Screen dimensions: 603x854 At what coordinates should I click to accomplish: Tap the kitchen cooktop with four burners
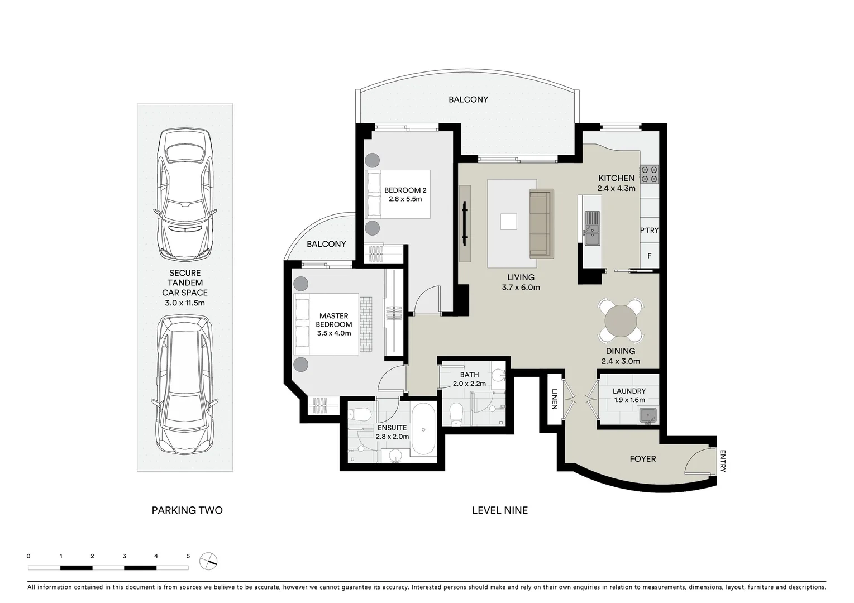click(650, 174)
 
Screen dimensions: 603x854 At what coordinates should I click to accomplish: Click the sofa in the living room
click(541, 223)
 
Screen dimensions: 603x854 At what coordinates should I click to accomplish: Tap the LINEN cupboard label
click(555, 399)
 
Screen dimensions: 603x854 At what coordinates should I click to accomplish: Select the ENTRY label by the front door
click(722, 461)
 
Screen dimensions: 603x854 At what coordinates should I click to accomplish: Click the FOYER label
click(642, 459)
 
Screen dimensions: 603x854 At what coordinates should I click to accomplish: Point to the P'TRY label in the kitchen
click(650, 230)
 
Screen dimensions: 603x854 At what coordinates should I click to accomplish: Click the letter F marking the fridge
click(649, 256)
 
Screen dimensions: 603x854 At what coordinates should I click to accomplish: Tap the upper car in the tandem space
click(185, 194)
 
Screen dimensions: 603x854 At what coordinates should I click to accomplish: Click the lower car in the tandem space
click(185, 385)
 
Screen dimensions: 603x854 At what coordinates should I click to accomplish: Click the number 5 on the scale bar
click(188, 556)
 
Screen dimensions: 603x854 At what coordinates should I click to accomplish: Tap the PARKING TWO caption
click(187, 510)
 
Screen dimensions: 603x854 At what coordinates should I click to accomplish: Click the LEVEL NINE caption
click(499, 510)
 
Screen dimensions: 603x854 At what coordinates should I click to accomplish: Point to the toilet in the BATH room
click(456, 414)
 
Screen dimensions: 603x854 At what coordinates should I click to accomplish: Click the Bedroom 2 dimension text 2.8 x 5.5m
click(405, 199)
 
